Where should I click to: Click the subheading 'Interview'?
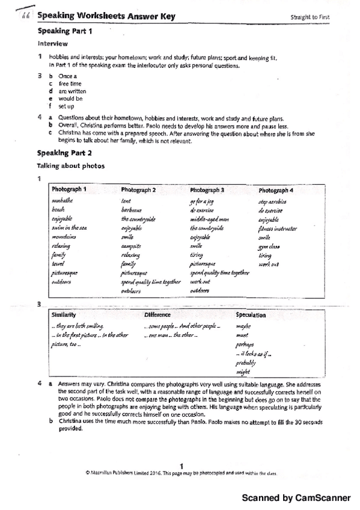53,43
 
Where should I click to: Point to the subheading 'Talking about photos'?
71,165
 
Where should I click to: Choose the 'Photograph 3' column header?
207,190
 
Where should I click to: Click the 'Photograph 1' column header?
69,189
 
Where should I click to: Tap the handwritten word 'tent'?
126,201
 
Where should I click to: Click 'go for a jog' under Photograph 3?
202,201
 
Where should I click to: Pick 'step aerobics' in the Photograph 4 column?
272,201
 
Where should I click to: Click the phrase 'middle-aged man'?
209,220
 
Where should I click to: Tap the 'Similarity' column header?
64,315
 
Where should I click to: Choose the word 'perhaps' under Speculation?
245,345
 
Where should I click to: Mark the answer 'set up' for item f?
66,106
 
